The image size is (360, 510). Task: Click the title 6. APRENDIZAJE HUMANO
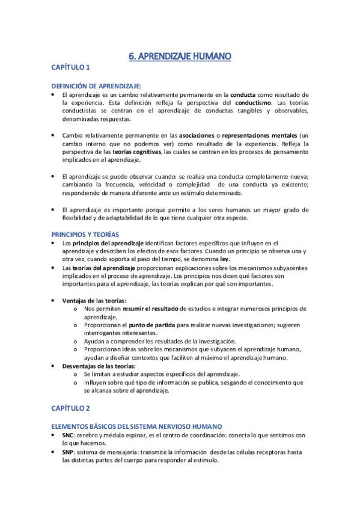(x=180, y=57)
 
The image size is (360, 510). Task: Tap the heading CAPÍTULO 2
(x=70, y=408)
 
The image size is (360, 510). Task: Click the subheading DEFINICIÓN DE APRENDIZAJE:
(x=96, y=86)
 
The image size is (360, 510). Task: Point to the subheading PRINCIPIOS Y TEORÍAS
(x=85, y=234)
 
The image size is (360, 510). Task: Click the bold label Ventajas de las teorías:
(x=94, y=301)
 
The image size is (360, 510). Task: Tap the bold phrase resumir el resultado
(x=147, y=309)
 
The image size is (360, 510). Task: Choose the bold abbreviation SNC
(x=68, y=434)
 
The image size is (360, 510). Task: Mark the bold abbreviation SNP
(x=68, y=451)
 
